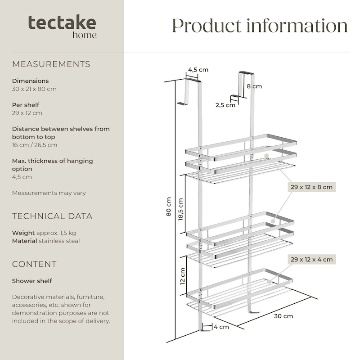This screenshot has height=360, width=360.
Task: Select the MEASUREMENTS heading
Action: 51,64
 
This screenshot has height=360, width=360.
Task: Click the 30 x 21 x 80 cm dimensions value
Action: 34,89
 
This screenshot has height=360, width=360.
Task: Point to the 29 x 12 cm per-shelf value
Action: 27,113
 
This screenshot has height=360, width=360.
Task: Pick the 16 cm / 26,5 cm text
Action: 35,145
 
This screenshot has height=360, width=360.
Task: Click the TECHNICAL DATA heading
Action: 52,216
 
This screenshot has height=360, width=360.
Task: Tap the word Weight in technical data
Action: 23,233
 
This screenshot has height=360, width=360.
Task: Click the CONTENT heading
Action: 34,264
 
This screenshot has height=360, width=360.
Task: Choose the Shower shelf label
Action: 32,281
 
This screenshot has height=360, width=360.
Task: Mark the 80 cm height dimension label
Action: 169,207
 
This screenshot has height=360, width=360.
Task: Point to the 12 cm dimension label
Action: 183,276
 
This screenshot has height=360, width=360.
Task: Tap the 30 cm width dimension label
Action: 283,316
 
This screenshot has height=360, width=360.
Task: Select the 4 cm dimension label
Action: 221,327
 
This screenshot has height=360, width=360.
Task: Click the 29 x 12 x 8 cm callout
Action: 311,187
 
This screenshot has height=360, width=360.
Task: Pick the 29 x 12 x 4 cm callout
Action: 311,260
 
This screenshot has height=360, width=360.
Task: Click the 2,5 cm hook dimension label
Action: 225,105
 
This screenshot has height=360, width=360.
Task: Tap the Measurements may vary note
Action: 49,193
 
